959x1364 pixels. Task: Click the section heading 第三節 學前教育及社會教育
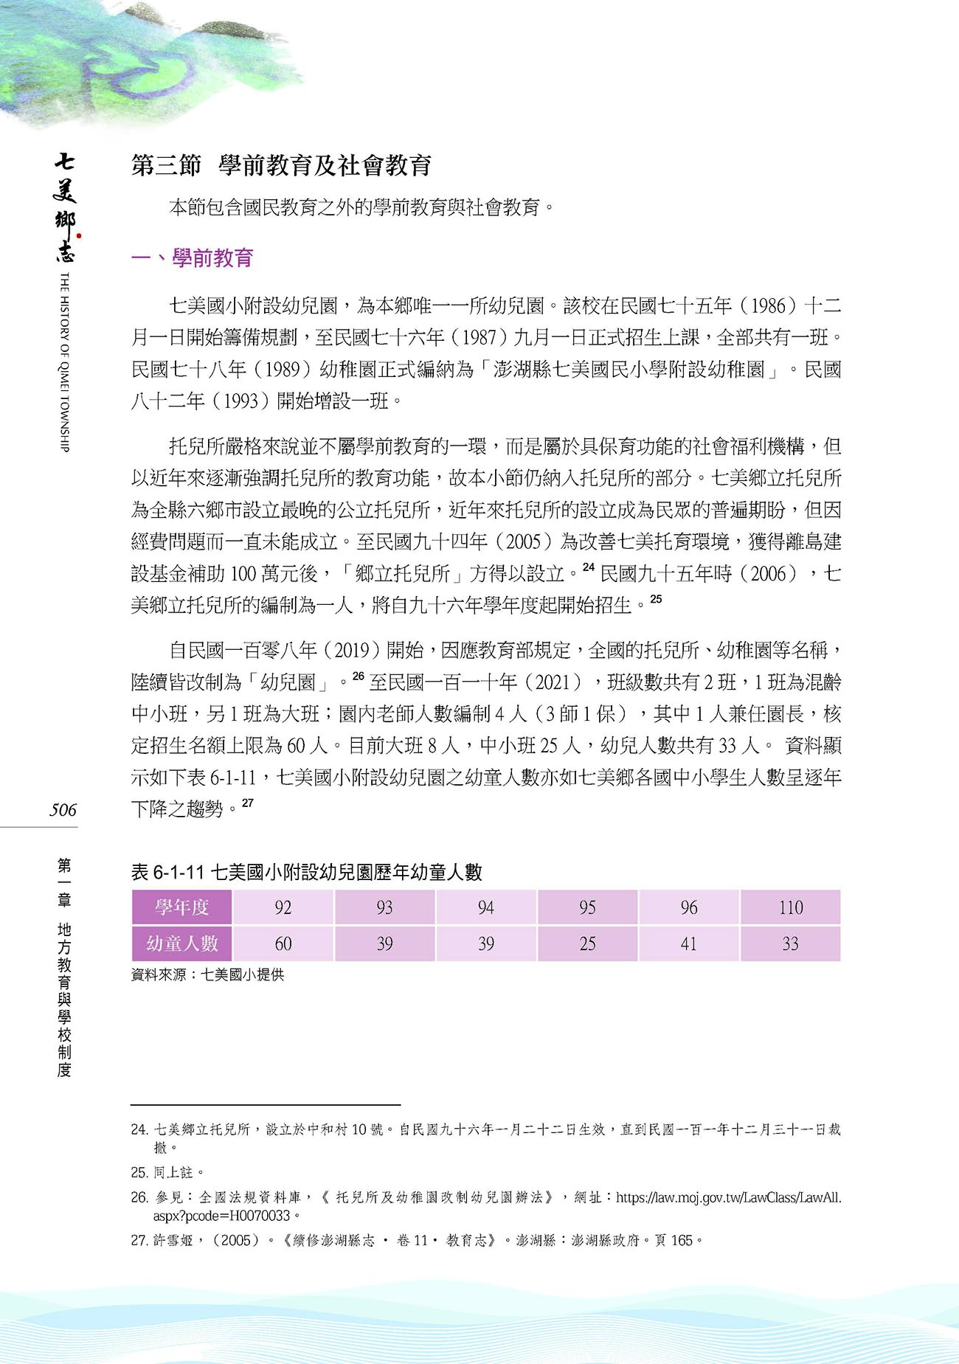click(x=281, y=166)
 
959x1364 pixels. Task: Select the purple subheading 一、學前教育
click(x=192, y=258)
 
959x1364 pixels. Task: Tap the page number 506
click(x=63, y=810)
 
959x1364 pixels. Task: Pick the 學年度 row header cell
click(x=181, y=907)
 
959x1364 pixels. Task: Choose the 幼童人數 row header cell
click(x=181, y=944)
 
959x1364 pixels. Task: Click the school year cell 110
click(x=790, y=907)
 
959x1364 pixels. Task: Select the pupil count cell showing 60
click(x=283, y=944)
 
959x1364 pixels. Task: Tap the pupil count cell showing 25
click(x=587, y=944)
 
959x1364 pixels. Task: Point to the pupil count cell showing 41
click(x=688, y=944)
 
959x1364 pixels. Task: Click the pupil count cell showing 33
click(x=790, y=944)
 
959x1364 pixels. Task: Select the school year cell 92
click(x=283, y=907)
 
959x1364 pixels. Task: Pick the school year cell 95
click(x=587, y=907)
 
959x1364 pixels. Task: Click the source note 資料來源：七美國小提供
click(x=207, y=974)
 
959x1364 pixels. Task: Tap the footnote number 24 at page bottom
click(x=139, y=1129)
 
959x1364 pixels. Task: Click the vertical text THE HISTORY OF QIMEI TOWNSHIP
click(x=64, y=361)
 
